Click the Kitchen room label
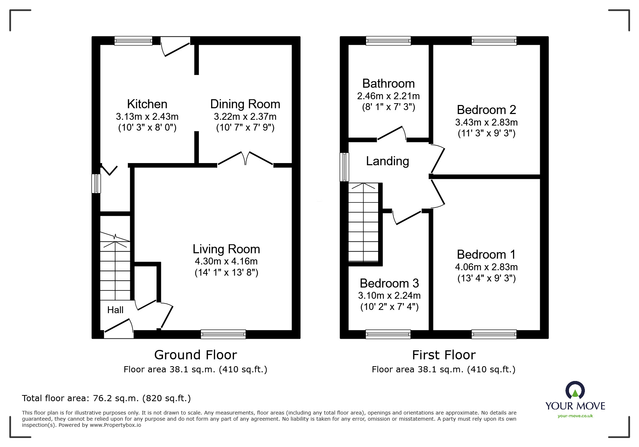[147, 104]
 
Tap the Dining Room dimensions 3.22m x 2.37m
[245, 117]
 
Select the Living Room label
[226, 249]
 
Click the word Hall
[115, 310]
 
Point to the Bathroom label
[388, 84]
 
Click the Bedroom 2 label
[486, 110]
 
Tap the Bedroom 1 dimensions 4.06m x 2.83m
[486, 267]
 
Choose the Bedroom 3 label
[389, 283]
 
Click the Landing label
[388, 161]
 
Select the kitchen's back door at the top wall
[175, 47]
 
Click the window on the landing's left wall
[345, 167]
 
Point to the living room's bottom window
[223, 334]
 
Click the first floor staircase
[363, 222]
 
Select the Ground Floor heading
[195, 355]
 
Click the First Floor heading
[443, 355]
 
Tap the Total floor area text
[106, 398]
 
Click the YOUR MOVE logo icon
[575, 390]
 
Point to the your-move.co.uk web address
[575, 416]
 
